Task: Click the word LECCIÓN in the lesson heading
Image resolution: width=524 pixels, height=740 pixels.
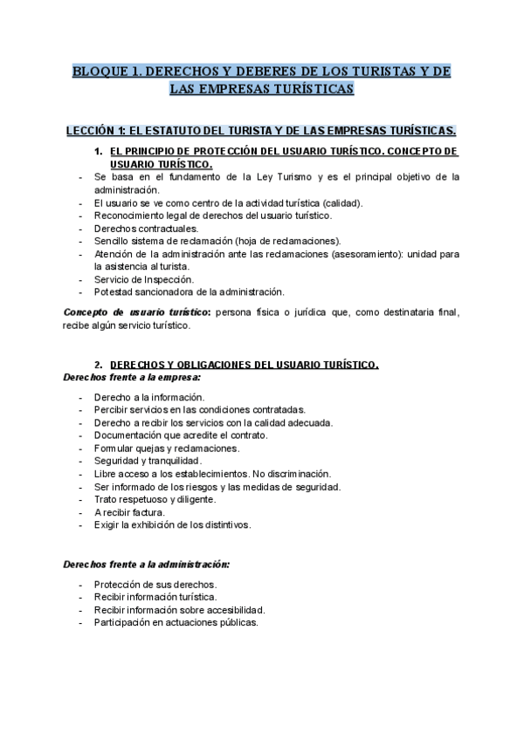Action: [92, 132]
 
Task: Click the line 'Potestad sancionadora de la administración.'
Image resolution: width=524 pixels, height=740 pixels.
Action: [189, 291]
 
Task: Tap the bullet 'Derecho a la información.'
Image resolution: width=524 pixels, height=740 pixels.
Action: [148, 396]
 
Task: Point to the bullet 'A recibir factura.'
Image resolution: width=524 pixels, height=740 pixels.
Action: [129, 511]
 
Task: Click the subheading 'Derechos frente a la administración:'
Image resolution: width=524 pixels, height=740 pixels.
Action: [147, 565]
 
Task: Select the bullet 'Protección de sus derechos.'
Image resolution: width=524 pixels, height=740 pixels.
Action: [155, 584]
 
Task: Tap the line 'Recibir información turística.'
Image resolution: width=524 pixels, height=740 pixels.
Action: [155, 597]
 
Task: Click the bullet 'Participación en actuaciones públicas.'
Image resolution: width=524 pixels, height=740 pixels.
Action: [176, 623]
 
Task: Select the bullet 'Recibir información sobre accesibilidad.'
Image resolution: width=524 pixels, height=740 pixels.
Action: [179, 610]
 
